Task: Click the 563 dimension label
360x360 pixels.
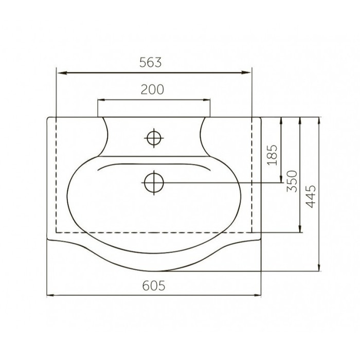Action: [x=151, y=62]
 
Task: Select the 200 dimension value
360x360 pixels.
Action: [x=152, y=89]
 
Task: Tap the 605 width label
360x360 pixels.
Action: [x=154, y=286]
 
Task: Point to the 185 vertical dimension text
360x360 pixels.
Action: [x=273, y=155]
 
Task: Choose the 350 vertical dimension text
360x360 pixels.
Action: [x=292, y=181]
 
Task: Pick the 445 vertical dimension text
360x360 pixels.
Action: [x=311, y=196]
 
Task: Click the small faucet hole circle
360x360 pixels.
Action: [x=154, y=138]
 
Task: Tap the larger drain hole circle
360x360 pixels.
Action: [x=154, y=183]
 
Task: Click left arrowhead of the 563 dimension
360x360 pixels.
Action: [x=62, y=73]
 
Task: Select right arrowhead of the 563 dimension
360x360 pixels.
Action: [x=246, y=73]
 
